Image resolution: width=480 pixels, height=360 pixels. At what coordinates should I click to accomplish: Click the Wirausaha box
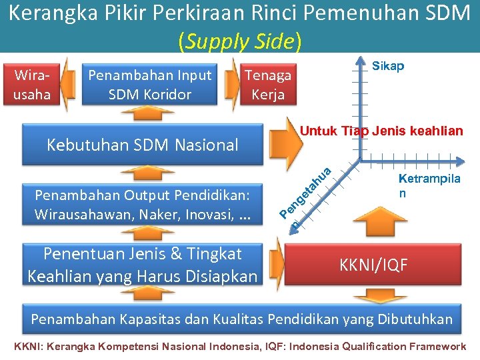tap(31, 85)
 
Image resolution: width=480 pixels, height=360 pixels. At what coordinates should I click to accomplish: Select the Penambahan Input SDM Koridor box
tap(149, 85)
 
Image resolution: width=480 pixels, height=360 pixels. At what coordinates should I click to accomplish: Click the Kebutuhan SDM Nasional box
tap(142, 145)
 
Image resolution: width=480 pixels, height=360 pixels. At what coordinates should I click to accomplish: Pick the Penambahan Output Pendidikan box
tap(142, 205)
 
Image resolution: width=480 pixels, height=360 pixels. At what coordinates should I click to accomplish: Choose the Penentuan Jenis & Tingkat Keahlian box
tap(142, 265)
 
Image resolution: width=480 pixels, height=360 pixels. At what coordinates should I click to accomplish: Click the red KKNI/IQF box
tap(373, 265)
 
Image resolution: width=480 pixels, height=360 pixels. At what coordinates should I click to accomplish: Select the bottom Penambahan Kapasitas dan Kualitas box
tap(241, 319)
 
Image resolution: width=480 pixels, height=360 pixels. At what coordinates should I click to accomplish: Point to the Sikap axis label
tap(387, 67)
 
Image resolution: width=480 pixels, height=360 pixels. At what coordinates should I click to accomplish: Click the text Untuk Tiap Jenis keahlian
tap(381, 131)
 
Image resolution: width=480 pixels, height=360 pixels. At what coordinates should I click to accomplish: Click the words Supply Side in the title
tap(239, 42)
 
